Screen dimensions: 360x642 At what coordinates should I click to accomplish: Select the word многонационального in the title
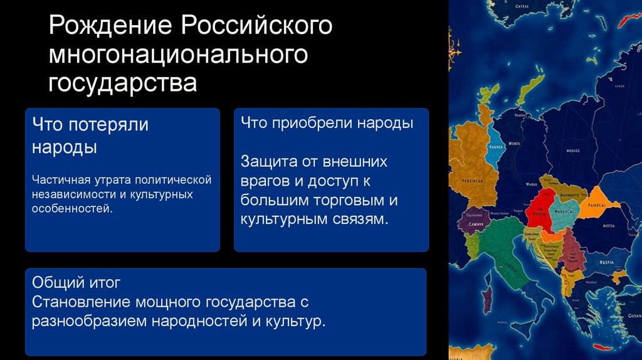(x=179, y=55)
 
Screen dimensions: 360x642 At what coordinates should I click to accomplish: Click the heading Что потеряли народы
(x=90, y=135)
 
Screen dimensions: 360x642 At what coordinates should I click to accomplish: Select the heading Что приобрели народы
(x=326, y=124)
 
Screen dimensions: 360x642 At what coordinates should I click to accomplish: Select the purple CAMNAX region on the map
(x=475, y=222)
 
